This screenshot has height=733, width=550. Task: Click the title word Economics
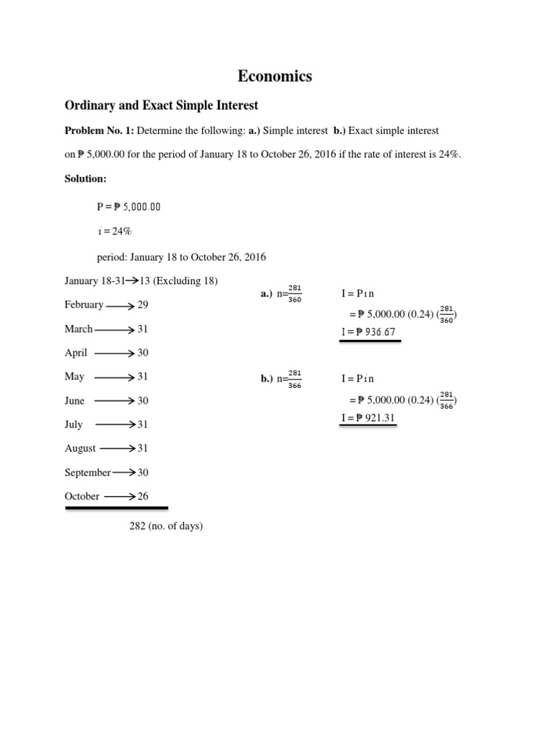(x=275, y=77)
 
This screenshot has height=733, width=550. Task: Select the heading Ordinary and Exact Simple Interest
(x=161, y=106)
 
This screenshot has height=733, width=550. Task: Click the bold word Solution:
(x=86, y=178)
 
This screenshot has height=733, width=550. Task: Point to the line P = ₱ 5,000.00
(x=129, y=207)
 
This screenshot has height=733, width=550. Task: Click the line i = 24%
(x=114, y=231)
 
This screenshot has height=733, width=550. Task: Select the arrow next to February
(x=120, y=306)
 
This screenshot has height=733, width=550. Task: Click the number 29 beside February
(x=143, y=305)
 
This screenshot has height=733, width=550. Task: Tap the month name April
(x=76, y=353)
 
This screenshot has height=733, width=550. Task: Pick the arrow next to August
(x=117, y=449)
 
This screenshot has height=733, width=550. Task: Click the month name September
(x=87, y=472)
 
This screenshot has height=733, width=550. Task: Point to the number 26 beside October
(x=143, y=496)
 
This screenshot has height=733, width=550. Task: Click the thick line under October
(x=117, y=508)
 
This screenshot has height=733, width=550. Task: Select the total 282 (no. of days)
(x=166, y=526)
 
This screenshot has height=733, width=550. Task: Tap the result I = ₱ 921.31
(x=367, y=418)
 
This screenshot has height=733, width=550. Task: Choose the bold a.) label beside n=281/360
(x=266, y=294)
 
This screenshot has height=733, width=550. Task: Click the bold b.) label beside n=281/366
(x=267, y=379)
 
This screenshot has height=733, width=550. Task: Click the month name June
(x=74, y=401)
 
